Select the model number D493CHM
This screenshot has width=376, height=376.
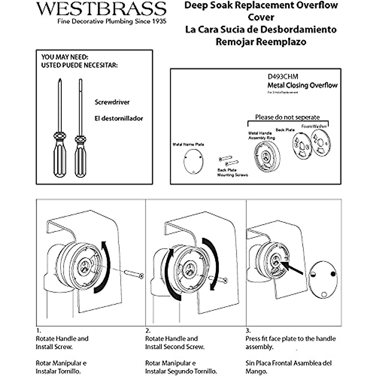coord(283,77)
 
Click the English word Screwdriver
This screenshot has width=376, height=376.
coord(112,102)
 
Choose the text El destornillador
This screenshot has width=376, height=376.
coord(119,118)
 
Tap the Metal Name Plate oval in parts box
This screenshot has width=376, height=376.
coord(193,161)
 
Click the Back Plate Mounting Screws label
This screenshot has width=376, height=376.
coord(232,173)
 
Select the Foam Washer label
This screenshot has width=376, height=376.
coord(314,126)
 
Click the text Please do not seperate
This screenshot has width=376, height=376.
coord(287,117)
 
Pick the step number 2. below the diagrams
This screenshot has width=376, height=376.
coord(148,331)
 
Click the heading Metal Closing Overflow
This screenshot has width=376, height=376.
coord(302,85)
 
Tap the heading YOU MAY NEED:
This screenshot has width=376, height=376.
coord(65,57)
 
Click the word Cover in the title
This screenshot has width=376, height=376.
coord(261,17)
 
